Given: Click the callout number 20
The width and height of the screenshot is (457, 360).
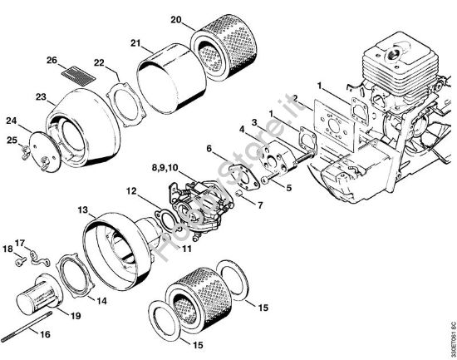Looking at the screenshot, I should point(176,19).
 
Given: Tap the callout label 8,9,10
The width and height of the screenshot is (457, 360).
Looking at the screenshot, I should point(165,167).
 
